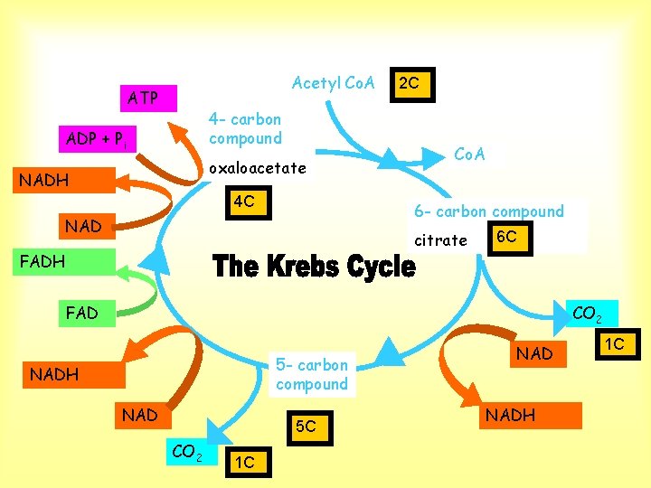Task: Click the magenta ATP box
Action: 148,99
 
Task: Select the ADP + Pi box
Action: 98,139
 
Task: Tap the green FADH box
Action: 64,262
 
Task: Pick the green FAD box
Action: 87,314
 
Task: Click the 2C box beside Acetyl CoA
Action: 412,85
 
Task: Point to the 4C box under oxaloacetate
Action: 249,202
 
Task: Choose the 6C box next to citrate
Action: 510,239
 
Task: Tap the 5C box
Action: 310,428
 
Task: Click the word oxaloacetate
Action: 258,168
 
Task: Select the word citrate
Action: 440,240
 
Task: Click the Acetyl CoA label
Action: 334,83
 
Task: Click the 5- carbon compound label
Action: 312,375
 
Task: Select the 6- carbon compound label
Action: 489,211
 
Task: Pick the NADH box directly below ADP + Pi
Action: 64,180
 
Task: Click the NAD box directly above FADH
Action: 87,226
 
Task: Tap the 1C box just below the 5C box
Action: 249,463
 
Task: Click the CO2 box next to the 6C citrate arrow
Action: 591,314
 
